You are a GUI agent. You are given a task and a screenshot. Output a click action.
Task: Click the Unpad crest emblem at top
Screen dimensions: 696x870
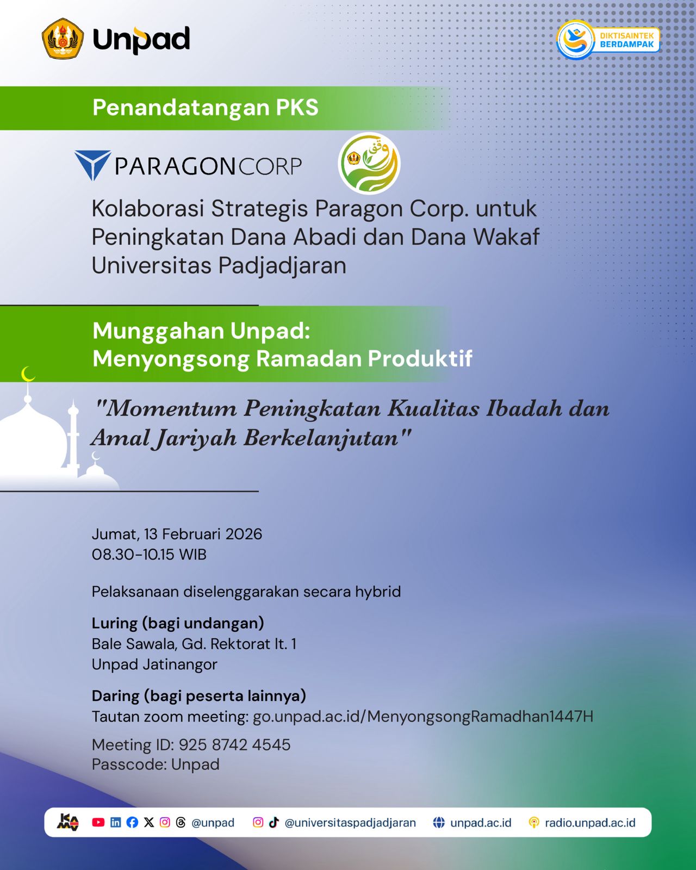(63, 39)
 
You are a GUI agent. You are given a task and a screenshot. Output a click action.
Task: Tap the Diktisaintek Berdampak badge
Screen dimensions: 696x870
(608, 40)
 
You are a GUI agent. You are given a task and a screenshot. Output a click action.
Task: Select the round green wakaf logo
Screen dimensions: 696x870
(369, 163)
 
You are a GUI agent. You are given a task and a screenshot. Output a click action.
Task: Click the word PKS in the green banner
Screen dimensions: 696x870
(297, 108)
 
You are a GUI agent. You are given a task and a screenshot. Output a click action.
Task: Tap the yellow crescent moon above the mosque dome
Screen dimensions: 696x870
(28, 374)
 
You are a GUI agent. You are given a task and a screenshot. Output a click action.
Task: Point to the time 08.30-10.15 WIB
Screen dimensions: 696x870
(149, 554)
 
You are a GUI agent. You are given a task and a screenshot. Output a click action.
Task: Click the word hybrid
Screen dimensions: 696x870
(378, 592)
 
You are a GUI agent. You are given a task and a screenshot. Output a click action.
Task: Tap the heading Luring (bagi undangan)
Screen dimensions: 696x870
(178, 623)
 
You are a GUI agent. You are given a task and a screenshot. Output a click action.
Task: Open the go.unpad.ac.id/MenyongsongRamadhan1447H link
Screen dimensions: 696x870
(423, 716)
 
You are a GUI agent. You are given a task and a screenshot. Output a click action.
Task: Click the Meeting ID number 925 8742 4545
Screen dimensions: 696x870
(234, 745)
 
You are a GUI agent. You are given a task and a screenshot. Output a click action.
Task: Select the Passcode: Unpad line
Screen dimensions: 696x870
(156, 765)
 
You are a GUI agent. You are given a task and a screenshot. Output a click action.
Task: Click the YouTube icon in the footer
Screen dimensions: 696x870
(98, 822)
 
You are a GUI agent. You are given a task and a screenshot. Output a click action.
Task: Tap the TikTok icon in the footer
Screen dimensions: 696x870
(274, 822)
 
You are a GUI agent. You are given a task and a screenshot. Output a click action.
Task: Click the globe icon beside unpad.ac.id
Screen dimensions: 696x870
(439, 822)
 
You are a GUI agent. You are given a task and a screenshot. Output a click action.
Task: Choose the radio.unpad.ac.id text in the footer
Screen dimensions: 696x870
(590, 823)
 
